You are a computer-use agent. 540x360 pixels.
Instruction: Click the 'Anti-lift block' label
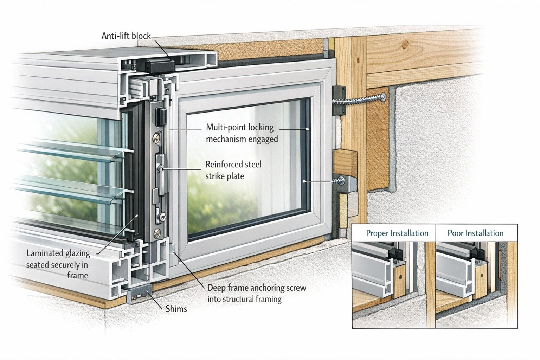[x=126, y=36]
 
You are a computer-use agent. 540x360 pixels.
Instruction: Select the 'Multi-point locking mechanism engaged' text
[x=242, y=133]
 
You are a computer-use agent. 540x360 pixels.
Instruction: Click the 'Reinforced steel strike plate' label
[x=233, y=170]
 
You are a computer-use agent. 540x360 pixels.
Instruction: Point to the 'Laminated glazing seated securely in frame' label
[x=58, y=264]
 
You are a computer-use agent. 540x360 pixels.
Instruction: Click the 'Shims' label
[x=176, y=309]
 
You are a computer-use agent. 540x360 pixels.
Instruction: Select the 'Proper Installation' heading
[x=397, y=233]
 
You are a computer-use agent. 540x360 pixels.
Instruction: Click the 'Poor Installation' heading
[x=475, y=233]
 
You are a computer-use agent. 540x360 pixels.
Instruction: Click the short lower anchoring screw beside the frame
[x=340, y=181]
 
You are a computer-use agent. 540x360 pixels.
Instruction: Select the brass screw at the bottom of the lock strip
[x=157, y=232]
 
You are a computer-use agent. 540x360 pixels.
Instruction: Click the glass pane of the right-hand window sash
[x=246, y=169]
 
